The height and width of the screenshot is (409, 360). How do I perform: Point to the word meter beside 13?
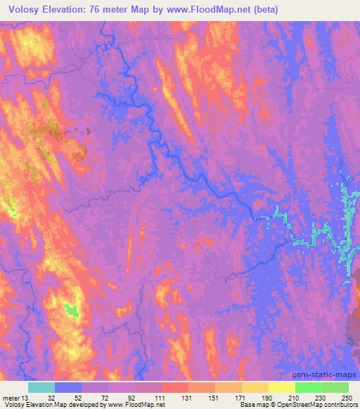pos(11,398)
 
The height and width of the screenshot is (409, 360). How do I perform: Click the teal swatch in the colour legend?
pos(41,387)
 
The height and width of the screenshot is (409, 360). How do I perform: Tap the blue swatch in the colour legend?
pos(68,387)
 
